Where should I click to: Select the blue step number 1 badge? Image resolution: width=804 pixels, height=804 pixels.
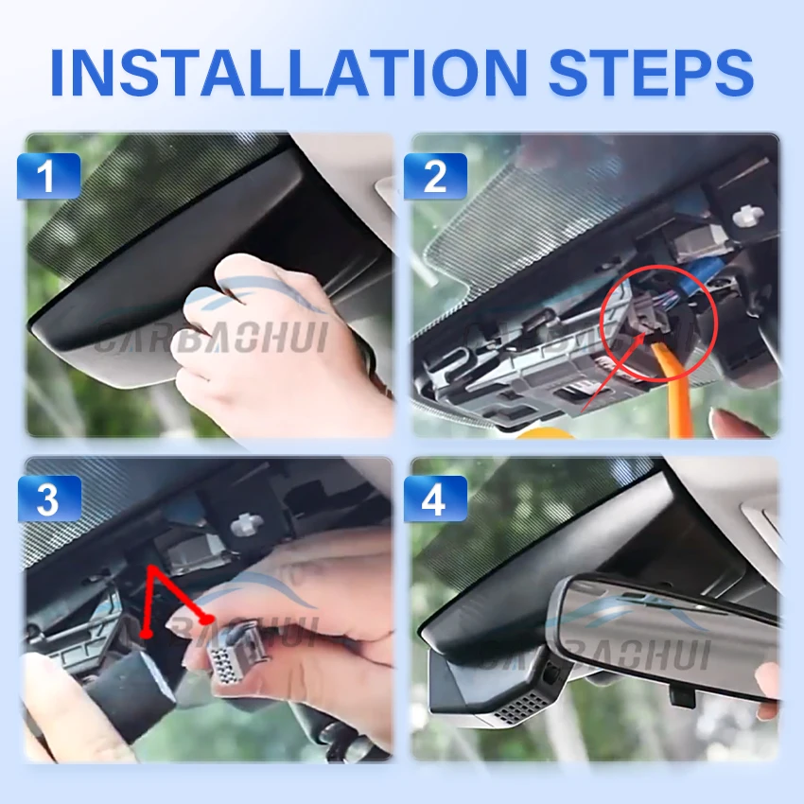click(x=48, y=176)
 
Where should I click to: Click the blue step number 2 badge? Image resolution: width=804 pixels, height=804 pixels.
click(x=435, y=176)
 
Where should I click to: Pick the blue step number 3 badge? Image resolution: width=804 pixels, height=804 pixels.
click(x=48, y=499)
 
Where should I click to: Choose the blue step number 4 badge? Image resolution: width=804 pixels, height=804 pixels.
click(x=435, y=499)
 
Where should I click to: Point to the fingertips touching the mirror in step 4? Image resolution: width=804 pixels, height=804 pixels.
click(x=768, y=676)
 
